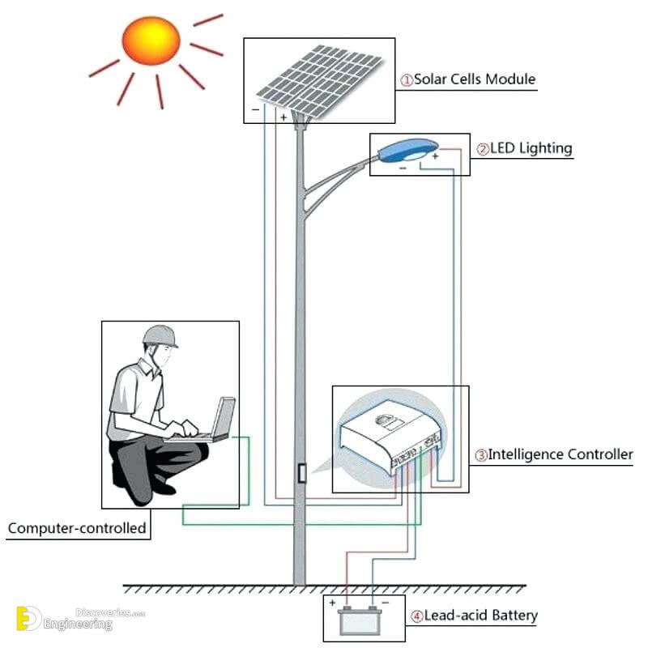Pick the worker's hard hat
click(x=160, y=335)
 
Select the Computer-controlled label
click(x=77, y=529)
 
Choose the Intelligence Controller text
click(x=559, y=454)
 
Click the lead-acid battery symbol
click(x=357, y=620)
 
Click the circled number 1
click(x=407, y=80)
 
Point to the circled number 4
click(x=416, y=616)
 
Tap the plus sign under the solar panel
click(x=283, y=117)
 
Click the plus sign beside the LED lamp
click(x=435, y=156)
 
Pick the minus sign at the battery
click(x=385, y=603)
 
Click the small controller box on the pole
click(x=301, y=474)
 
